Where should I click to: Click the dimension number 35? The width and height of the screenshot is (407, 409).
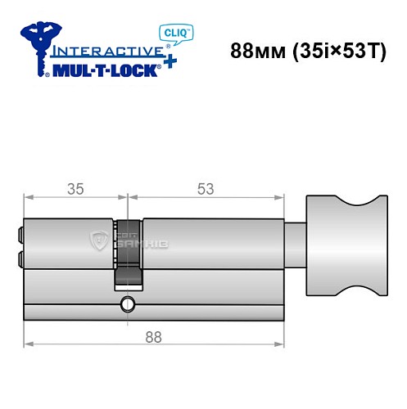coord(75,189)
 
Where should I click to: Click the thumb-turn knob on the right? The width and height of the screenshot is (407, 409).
coord(346,246)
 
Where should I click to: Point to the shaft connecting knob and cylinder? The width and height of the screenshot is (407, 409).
coord(296,245)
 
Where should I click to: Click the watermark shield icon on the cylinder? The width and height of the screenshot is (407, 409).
coord(95,238)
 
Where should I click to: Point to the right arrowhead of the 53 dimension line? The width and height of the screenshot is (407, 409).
coord(283,197)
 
